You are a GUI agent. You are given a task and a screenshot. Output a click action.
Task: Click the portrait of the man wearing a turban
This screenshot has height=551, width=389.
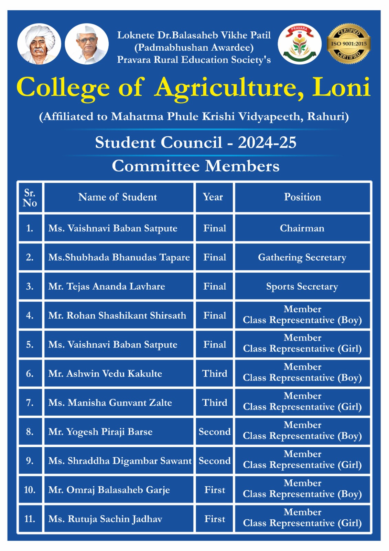[x=39, y=44]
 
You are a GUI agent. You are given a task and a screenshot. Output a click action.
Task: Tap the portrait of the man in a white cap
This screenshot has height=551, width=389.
[x=87, y=44]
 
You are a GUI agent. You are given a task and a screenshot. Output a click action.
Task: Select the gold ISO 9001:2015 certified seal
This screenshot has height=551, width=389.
[x=348, y=44]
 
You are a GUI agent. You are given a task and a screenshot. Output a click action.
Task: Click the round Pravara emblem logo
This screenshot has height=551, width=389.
[x=300, y=44]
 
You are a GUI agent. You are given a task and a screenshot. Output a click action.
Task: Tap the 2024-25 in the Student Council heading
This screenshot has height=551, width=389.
[x=267, y=143]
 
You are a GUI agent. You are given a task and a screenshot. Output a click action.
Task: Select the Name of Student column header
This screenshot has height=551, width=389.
[x=118, y=197]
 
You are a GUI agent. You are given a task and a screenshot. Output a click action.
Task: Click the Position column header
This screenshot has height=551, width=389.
[x=302, y=197]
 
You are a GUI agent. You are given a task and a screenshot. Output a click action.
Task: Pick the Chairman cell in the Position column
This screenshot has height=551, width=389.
[x=302, y=228]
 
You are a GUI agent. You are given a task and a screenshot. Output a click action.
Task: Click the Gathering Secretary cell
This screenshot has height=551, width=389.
[x=302, y=258]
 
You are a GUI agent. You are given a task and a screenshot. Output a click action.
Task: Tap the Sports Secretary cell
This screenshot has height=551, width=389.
[x=302, y=287]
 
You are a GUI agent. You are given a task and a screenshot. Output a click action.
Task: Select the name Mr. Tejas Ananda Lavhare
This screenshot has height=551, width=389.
[x=107, y=287]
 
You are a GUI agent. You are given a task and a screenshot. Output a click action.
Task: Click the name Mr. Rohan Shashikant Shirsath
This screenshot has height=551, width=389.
[x=117, y=315]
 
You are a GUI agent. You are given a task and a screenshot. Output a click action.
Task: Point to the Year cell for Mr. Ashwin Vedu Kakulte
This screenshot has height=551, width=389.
[x=215, y=374]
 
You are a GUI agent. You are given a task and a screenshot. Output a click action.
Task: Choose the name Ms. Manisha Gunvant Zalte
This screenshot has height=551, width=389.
[x=110, y=403]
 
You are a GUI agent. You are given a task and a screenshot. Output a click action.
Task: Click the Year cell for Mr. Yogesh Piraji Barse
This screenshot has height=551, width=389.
[x=215, y=432]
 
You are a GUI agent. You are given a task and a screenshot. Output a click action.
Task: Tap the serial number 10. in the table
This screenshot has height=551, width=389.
[x=30, y=490]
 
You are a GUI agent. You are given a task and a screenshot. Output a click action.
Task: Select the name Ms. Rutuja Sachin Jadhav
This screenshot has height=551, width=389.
[x=105, y=519]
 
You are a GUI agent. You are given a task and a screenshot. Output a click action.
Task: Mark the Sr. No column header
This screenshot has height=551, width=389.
[x=30, y=198]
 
